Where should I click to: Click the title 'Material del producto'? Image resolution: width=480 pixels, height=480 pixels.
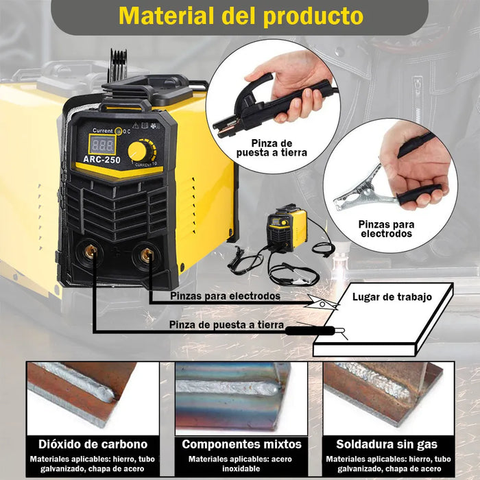[x=241, y=16]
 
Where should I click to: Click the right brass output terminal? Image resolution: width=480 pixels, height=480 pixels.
[x=146, y=257]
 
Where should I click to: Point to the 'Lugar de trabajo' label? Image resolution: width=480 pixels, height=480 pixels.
[x=392, y=297]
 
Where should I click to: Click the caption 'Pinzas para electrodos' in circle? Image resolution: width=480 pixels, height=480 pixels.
[x=385, y=228]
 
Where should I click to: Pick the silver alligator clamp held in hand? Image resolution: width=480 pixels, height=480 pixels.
[x=360, y=198]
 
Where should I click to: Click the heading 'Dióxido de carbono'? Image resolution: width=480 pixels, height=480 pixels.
[x=93, y=444]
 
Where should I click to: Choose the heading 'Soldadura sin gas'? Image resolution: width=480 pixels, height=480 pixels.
[x=387, y=444]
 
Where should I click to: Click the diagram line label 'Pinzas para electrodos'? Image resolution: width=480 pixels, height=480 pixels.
[x=225, y=296]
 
